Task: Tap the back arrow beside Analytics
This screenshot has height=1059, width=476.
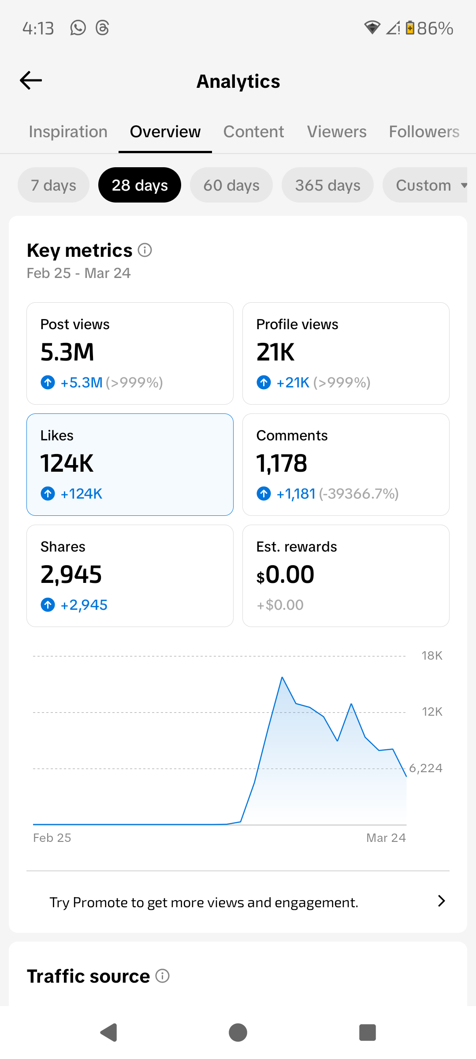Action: point(31,80)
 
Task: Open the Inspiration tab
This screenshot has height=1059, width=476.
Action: point(68,131)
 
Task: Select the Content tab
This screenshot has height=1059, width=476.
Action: point(253,131)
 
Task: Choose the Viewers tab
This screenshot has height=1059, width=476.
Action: point(337,131)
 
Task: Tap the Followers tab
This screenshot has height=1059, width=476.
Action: point(424,131)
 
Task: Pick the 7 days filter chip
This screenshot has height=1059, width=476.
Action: point(53,185)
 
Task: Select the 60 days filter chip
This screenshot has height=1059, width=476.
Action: point(231,185)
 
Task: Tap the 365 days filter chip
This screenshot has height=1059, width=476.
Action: point(327,185)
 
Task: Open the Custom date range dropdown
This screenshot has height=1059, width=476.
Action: point(425,185)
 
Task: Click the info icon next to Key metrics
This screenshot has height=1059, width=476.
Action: point(145,250)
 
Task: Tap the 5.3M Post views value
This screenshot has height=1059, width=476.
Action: point(67,352)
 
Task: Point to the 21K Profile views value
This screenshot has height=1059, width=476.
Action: point(275,352)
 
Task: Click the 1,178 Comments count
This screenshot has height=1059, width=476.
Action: point(282,463)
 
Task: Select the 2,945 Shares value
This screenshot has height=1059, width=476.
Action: point(71,575)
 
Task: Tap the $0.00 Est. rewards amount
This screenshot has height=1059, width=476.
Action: point(285,575)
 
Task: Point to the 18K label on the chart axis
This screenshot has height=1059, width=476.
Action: point(432,656)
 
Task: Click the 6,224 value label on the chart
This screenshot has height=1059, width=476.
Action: point(426,768)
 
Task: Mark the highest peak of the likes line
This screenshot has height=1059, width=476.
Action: point(282,677)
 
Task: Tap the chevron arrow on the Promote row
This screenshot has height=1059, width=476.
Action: point(442,901)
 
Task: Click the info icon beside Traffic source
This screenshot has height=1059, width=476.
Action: point(163,976)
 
